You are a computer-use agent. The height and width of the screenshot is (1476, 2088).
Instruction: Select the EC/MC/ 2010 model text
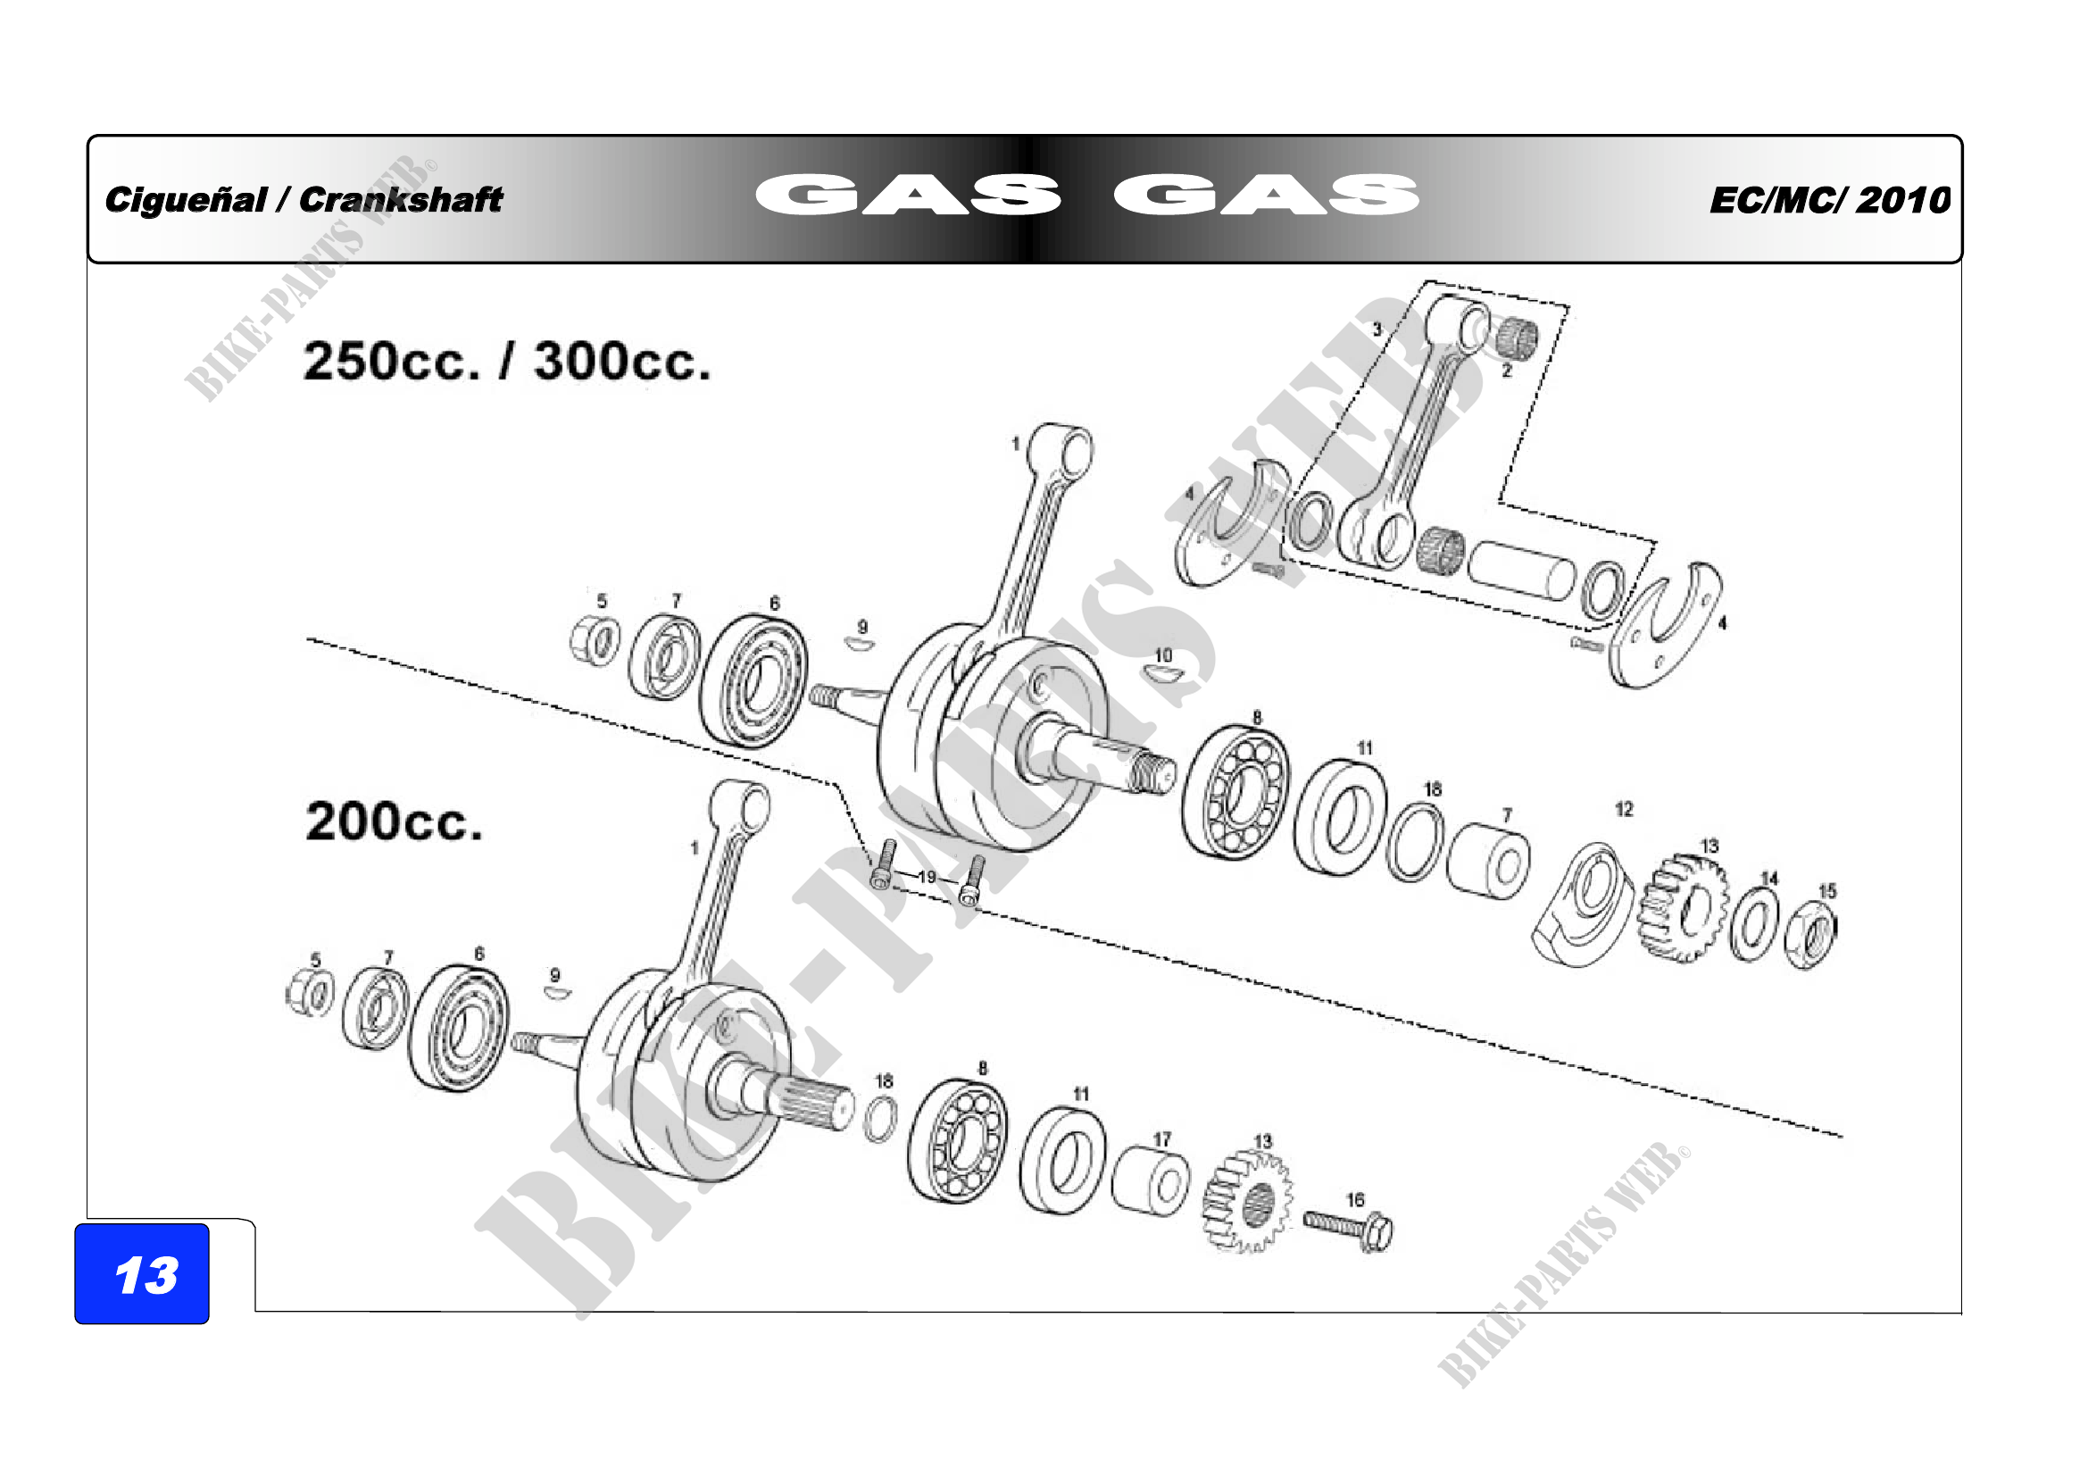point(1829,200)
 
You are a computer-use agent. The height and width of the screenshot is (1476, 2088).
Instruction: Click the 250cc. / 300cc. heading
point(505,361)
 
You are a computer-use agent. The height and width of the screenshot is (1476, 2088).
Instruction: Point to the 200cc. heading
point(393,821)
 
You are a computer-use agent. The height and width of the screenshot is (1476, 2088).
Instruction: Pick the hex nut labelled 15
point(1809,938)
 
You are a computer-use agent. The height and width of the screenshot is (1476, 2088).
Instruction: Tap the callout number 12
point(1623,809)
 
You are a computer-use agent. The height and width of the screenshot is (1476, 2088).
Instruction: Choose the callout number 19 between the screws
point(927,877)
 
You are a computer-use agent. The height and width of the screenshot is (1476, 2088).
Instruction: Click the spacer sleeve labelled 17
point(1151,1180)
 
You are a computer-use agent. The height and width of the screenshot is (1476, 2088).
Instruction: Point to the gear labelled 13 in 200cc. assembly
point(1247,1202)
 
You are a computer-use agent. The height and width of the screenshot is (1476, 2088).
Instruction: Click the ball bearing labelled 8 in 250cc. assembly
point(1235,791)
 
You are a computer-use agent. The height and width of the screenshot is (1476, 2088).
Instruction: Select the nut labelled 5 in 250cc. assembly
point(595,638)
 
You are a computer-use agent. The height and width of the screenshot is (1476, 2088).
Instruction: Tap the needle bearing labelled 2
point(1517,339)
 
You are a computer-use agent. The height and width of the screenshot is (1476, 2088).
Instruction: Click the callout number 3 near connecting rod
point(1377,329)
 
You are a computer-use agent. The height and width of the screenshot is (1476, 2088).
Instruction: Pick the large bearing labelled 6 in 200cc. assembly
point(458,1028)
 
